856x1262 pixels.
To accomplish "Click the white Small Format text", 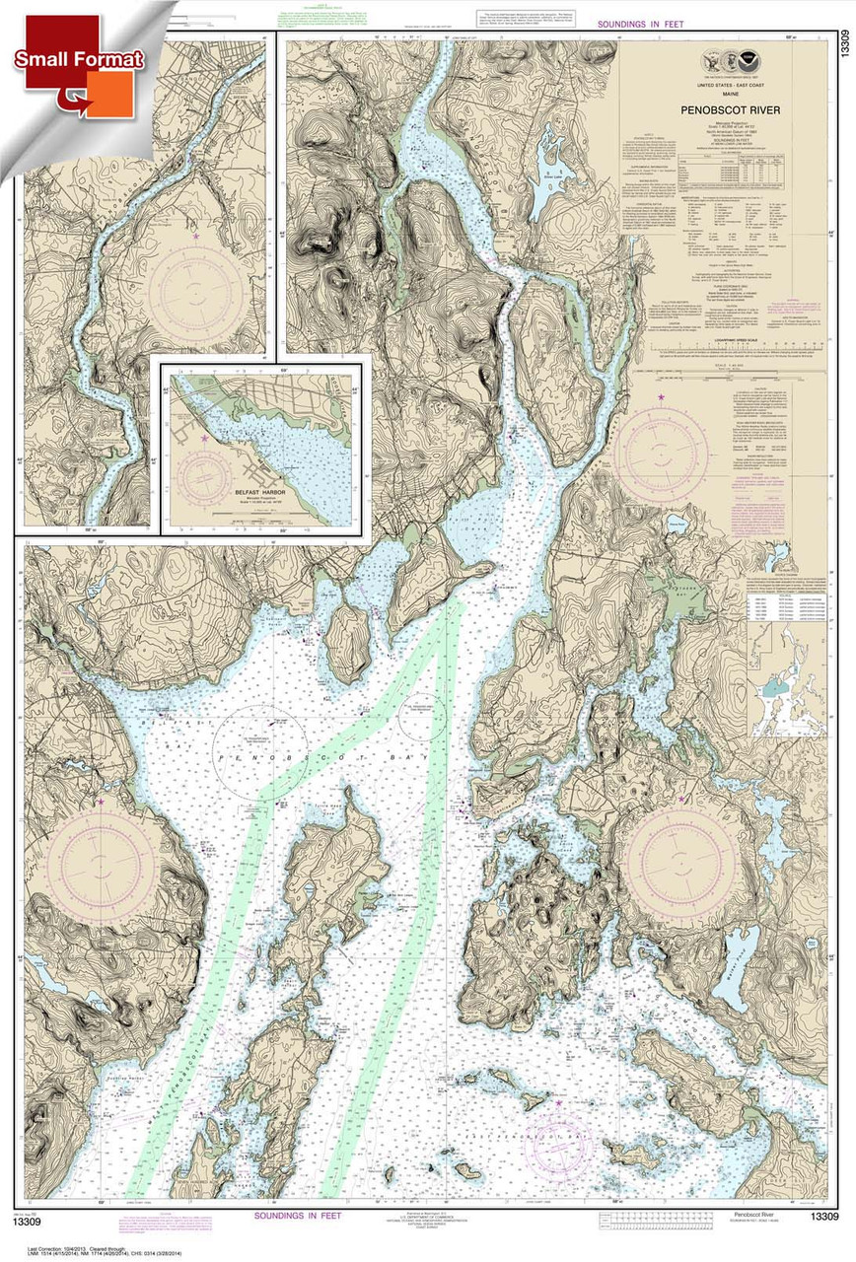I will coord(79,59).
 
